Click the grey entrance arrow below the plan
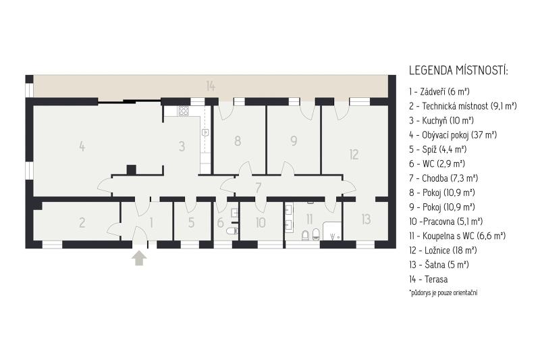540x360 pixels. [x=139, y=258]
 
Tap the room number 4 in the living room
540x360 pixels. [x=82, y=146]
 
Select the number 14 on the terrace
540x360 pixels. [x=211, y=86]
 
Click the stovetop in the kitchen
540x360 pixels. [x=183, y=111]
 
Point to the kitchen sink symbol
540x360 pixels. [x=206, y=132]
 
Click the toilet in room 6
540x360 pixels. [x=232, y=231]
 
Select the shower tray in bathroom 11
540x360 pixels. [x=332, y=231]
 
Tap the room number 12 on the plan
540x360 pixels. [x=354, y=155]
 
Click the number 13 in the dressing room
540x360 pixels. [x=366, y=219]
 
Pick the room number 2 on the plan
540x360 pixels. [x=82, y=222]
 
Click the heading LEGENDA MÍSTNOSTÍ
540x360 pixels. [x=458, y=71]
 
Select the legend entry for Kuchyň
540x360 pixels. [x=441, y=121]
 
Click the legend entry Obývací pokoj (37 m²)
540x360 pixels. [x=453, y=135]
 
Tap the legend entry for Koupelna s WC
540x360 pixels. [x=457, y=236]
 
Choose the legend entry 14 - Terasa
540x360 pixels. [x=429, y=280]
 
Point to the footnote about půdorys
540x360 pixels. [x=443, y=293]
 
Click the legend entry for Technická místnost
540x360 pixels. [x=463, y=106]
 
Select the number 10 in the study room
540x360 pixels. [x=261, y=222]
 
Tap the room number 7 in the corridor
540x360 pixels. [x=258, y=188]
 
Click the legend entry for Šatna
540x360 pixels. [x=439, y=265]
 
